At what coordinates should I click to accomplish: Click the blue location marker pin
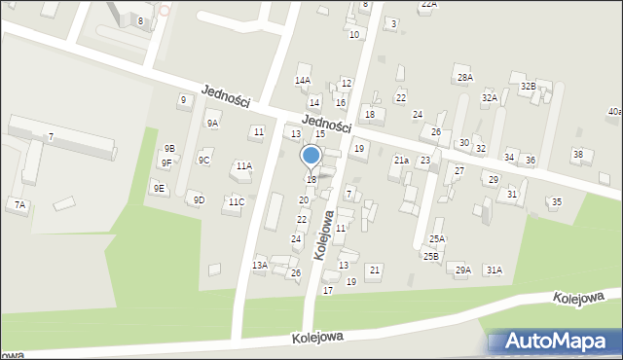point(311,156)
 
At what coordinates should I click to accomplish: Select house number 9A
point(212,124)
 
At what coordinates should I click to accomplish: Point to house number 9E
point(159,188)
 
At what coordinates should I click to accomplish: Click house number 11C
point(236,201)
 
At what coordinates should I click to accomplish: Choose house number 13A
point(260,265)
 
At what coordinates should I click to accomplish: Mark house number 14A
point(303,81)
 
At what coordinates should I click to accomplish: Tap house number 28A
point(465,77)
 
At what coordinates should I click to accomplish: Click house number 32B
point(528,87)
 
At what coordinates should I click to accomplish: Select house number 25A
point(437,238)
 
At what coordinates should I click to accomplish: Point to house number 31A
point(495,270)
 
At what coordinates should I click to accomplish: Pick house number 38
point(578,155)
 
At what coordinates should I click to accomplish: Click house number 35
point(556,201)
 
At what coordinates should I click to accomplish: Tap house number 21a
point(400,160)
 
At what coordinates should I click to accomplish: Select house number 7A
point(19,204)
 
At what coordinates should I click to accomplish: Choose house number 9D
point(199,199)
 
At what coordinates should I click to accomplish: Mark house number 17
point(328,290)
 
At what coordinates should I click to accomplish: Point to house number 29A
point(463,270)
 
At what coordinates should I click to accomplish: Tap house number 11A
point(243,166)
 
